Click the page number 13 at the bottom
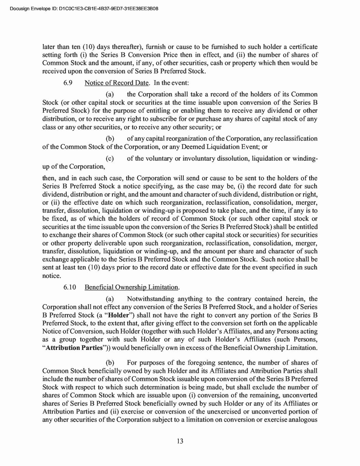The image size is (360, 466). [x=180, y=441]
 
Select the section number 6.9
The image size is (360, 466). [x=68, y=83]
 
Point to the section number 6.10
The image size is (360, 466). [x=70, y=287]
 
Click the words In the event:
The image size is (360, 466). [x=169, y=83]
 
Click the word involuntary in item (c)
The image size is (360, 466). [x=199, y=159]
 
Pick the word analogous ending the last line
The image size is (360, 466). [x=302, y=420]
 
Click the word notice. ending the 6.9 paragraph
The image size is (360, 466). [x=52, y=276]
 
